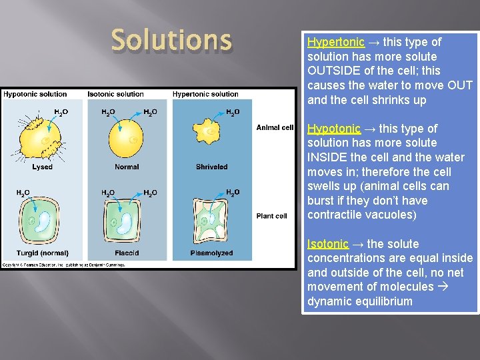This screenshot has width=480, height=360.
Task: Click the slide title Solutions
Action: point(171,40)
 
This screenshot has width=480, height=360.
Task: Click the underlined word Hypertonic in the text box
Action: point(336,42)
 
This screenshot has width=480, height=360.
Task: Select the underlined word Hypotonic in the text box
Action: point(334,129)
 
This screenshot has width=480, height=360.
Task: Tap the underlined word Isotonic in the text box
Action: point(328,244)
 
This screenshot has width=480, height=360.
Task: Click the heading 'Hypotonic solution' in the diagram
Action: point(35,94)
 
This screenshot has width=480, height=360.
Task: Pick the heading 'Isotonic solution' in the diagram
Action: point(115,94)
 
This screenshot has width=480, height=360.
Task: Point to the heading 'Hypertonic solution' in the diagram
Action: point(205,94)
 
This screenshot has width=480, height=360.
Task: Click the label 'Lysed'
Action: point(42,167)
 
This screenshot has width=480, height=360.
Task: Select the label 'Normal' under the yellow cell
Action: point(127,167)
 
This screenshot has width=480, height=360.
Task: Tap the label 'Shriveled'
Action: point(211,167)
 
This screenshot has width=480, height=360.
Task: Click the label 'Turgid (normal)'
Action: point(42,253)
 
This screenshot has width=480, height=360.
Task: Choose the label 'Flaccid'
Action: point(127,253)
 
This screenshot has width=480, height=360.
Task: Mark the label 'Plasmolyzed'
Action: point(211,253)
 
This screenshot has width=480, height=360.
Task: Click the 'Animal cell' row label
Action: point(275,128)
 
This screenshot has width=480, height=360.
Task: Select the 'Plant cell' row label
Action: point(272,215)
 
